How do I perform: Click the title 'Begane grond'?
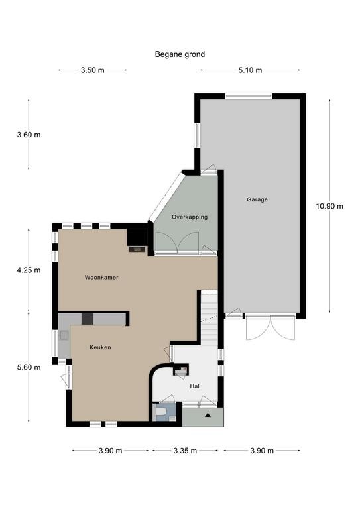click(x=180, y=54)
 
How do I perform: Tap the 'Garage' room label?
click(x=257, y=199)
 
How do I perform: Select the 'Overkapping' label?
click(x=190, y=217)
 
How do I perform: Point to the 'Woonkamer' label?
click(x=101, y=278)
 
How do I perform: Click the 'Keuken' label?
click(x=100, y=347)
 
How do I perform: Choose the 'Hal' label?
click(x=195, y=386)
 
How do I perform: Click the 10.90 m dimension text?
click(x=330, y=207)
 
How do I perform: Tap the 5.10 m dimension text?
click(x=251, y=70)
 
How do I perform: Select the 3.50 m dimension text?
click(x=93, y=70)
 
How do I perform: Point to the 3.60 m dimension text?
click(x=29, y=135)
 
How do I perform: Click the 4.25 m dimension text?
click(x=29, y=270)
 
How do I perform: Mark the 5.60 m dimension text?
click(x=29, y=367)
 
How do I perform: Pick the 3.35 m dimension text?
click(x=185, y=451)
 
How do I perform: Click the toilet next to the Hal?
click(x=161, y=412)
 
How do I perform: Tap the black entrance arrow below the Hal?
click(x=208, y=414)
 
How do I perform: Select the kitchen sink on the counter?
click(x=64, y=335)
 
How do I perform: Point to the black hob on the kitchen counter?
click(x=88, y=319)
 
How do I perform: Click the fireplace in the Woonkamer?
click(x=137, y=249)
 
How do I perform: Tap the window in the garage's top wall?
click(x=249, y=96)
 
